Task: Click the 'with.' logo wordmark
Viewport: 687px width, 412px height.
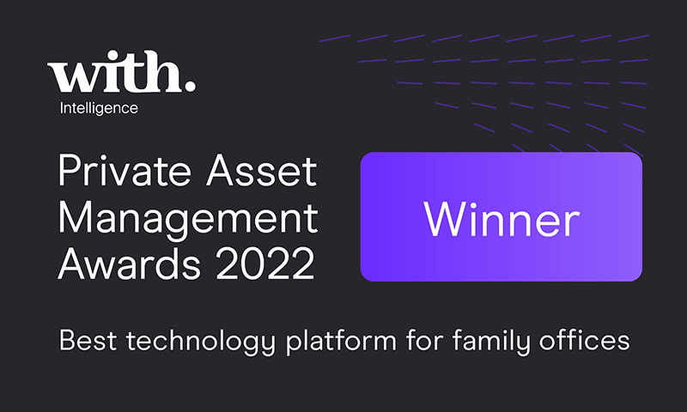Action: coord(121,71)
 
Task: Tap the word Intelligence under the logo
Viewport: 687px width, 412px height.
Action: coord(99,108)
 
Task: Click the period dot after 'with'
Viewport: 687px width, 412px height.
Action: coord(189,85)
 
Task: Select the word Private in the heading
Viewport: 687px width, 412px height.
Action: coord(125,171)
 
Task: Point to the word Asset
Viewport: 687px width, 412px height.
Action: coord(262,171)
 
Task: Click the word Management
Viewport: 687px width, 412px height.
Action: coord(188,220)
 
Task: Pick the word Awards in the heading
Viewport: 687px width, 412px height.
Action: coord(130,264)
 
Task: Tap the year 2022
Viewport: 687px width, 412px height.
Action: coord(265,264)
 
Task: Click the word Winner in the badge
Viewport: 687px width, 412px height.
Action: coord(502,220)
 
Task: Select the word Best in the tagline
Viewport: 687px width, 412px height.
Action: coord(88,340)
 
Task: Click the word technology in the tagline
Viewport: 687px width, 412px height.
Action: coord(201,342)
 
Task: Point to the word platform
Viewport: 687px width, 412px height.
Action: coord(341,342)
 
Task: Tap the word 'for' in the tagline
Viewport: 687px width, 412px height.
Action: coord(424,340)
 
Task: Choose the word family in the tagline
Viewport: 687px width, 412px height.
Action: coord(490,342)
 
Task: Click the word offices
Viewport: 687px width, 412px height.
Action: coord(585,340)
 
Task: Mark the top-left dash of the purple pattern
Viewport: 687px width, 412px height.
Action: coord(335,39)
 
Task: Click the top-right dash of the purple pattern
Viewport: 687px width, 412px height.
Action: coord(634,39)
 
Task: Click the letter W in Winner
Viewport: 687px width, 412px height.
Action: coord(444,220)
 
